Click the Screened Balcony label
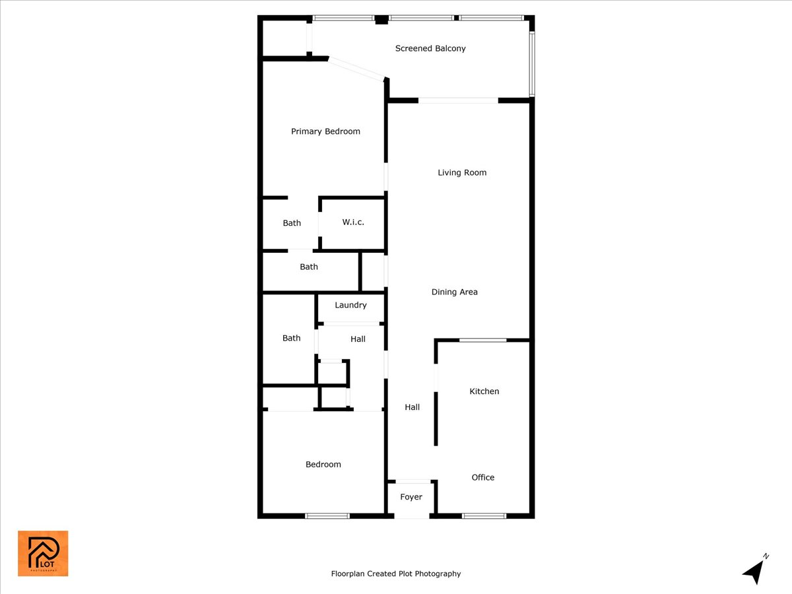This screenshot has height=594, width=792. click(430, 48)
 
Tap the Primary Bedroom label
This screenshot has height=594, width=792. click(325, 131)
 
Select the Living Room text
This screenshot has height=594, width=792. click(462, 173)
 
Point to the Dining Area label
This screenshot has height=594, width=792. click(454, 292)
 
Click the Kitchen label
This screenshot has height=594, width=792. click(484, 391)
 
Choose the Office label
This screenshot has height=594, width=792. click(482, 477)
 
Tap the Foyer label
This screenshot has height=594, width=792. click(411, 497)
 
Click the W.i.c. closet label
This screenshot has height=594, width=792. click(353, 222)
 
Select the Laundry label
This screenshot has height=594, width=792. click(350, 306)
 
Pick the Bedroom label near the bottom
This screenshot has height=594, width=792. click(323, 465)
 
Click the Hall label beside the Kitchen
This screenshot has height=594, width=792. click(412, 407)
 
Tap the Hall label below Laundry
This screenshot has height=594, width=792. click(358, 339)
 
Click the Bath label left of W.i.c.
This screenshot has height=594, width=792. click(292, 223)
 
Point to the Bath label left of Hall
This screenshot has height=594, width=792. click(291, 338)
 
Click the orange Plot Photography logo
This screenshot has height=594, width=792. click(43, 553)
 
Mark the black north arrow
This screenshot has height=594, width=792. click(754, 571)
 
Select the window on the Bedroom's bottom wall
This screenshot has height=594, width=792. click(327, 515)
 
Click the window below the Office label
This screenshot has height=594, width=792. click(484, 515)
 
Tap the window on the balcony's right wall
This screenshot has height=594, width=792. click(532, 64)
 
